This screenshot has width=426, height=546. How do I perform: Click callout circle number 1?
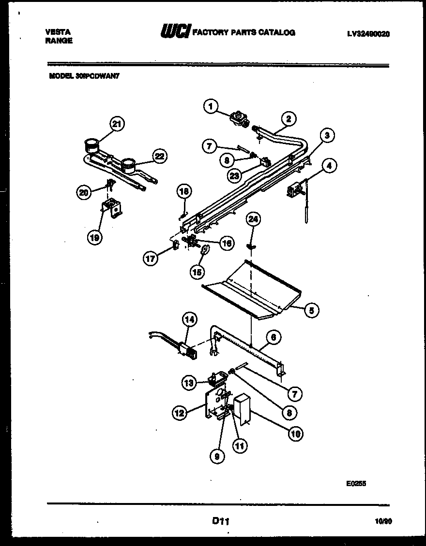211,106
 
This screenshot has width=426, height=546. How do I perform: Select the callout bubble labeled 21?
117,124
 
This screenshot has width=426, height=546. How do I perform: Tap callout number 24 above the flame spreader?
253,219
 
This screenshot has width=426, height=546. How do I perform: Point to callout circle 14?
190,319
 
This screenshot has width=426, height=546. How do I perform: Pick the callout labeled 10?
295,433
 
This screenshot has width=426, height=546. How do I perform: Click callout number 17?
150,259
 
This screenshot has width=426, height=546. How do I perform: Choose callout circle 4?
329,167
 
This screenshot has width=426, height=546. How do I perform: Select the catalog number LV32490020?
368,34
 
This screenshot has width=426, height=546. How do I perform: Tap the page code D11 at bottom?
220,521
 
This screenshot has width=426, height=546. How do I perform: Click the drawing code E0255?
356,481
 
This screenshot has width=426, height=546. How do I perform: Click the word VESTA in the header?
58,32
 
